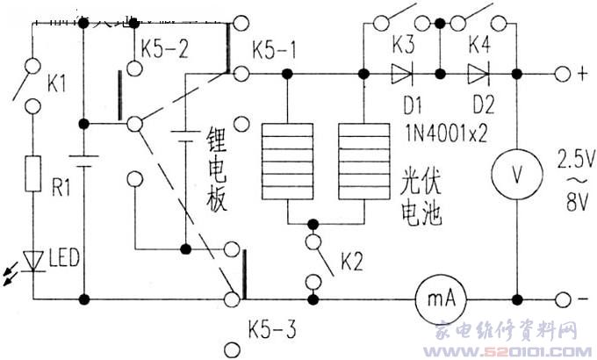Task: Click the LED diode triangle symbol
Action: pyautogui.click(x=32, y=261)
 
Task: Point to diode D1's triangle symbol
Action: pyautogui.click(x=402, y=73)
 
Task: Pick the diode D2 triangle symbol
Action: pyautogui.click(x=478, y=73)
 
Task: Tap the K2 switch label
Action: pyautogui.click(x=352, y=260)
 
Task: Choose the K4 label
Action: pyautogui.click(x=479, y=43)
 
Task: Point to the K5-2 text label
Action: pyautogui.click(x=167, y=48)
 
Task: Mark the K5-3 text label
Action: pyautogui.click(x=273, y=331)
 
